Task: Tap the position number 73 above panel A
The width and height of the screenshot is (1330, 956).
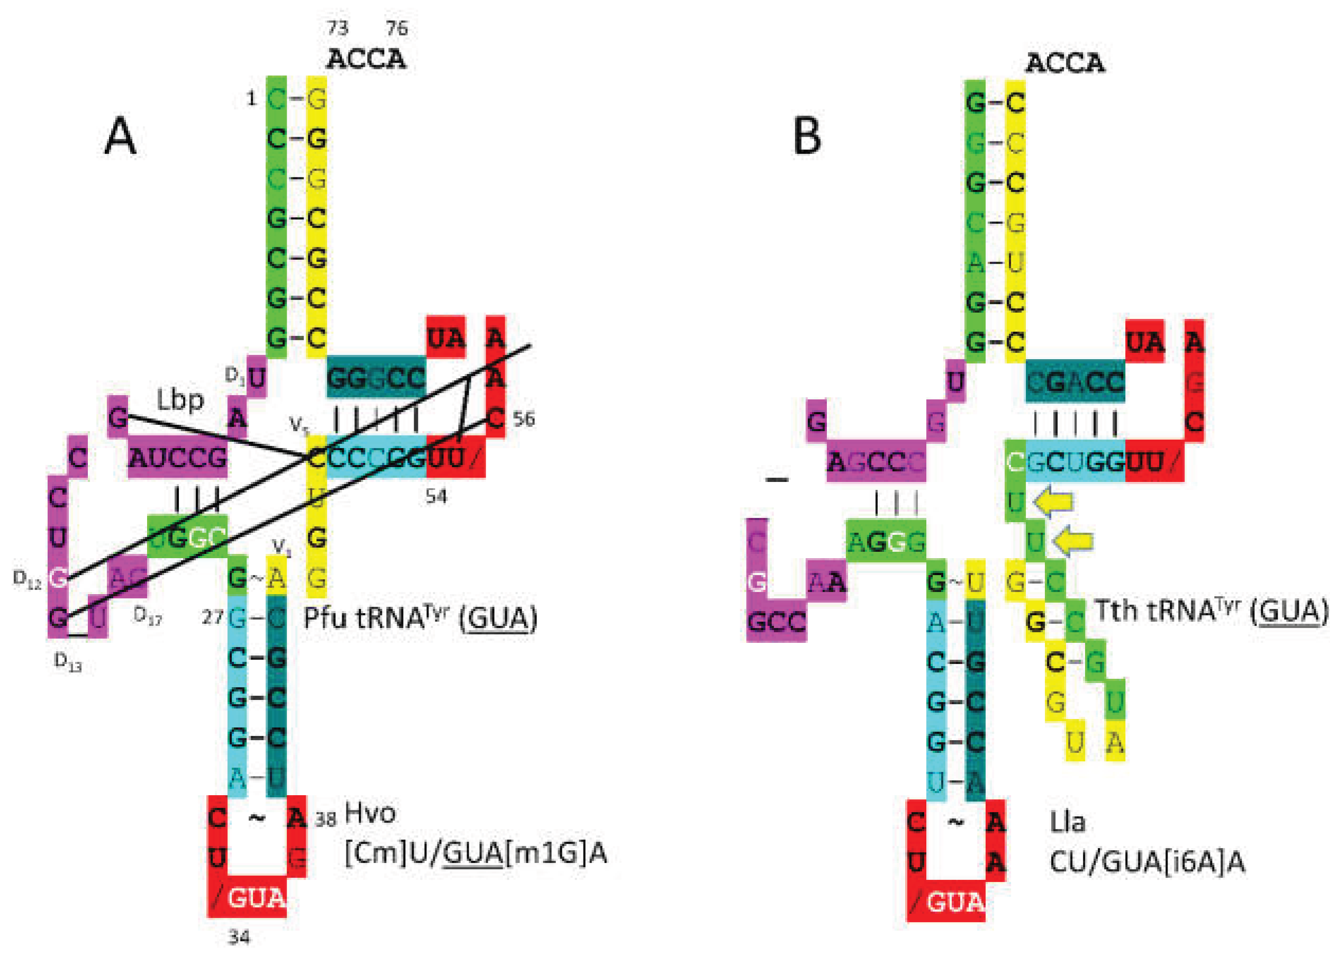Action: pos(337,28)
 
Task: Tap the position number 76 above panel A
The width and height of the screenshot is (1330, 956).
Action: pos(397,28)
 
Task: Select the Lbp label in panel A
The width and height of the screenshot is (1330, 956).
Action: pos(180,400)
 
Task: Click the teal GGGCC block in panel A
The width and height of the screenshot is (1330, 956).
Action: pos(376,378)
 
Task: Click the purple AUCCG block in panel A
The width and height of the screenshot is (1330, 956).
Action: pos(178,458)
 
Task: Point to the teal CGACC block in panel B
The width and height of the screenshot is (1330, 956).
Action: pos(1075,383)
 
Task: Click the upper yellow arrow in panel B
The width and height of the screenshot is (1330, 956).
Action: pos(1054,502)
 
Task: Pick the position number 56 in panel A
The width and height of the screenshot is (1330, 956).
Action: pos(524,419)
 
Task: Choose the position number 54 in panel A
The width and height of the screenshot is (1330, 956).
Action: pos(436,497)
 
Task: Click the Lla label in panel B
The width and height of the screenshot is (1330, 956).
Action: pos(1067,822)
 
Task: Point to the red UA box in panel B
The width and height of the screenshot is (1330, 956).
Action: pos(1145,342)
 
